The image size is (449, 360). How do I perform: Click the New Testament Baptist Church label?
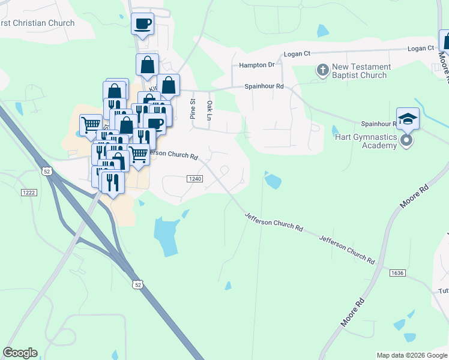coord(361,71)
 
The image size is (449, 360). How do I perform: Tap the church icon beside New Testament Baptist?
coord(322,71)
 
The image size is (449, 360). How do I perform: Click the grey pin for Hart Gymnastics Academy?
coord(407,141)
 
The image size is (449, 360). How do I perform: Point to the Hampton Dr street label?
coord(256,64)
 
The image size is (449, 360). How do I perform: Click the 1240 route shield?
coord(194,179)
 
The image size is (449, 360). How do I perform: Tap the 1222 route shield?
coord(29,191)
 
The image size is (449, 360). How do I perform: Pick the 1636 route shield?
coord(397,273)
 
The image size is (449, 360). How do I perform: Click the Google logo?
coord(20,353)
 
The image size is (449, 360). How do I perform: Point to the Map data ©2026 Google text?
coord(411,355)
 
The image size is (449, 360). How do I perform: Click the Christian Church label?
coord(37,23)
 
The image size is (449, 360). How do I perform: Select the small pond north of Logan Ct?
coord(323,31)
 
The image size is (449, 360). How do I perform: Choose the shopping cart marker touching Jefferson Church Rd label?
coord(139,154)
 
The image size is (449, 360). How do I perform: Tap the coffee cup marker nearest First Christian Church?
coord(142,24)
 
